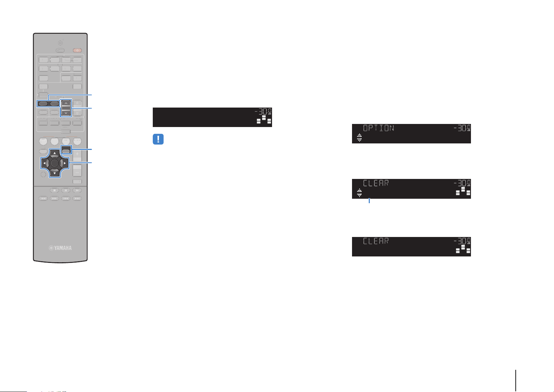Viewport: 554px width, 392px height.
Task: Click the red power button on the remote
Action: [77, 51]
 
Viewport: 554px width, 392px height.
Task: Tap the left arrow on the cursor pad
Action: [44, 163]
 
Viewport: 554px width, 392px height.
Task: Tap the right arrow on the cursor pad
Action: [65, 163]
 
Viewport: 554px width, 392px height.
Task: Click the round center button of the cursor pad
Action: [55, 163]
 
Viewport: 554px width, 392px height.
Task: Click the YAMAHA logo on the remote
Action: [60, 248]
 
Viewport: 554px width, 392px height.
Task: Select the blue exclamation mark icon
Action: [158, 139]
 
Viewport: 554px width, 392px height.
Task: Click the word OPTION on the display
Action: [378, 128]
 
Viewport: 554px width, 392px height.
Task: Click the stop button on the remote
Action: [54, 190]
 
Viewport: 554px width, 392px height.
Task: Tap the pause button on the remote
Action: [66, 190]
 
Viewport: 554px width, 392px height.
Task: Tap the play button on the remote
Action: [77, 190]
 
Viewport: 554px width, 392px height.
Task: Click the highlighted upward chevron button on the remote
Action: [66, 103]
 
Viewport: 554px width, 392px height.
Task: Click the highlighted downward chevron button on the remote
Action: [66, 113]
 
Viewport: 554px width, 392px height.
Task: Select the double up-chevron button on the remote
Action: [77, 103]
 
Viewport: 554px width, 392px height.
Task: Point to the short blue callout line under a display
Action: [369, 200]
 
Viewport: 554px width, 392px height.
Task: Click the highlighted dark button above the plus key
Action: [66, 150]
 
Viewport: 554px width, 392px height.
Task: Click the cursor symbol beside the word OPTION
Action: [359, 137]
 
